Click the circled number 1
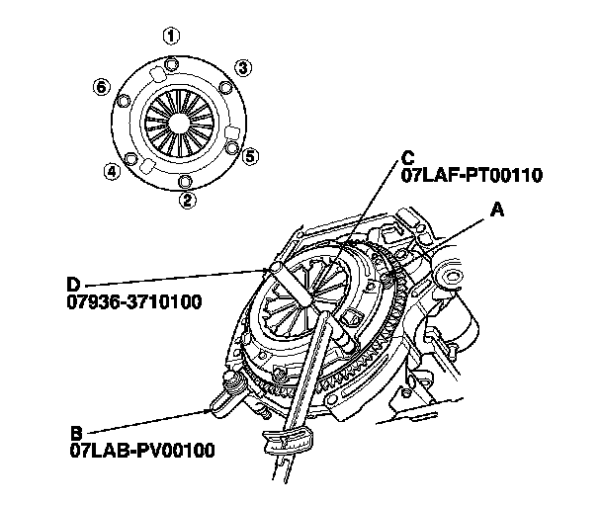tap(172, 38)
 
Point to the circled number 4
tap(113, 172)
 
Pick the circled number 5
tap(251, 156)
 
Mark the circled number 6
tap(101, 87)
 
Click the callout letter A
tap(497, 211)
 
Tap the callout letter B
tap(76, 432)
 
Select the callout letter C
tap(408, 158)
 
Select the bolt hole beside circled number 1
tap(174, 65)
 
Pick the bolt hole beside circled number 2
tap(185, 181)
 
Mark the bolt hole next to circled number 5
tap(232, 149)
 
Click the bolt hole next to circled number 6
tap(126, 98)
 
